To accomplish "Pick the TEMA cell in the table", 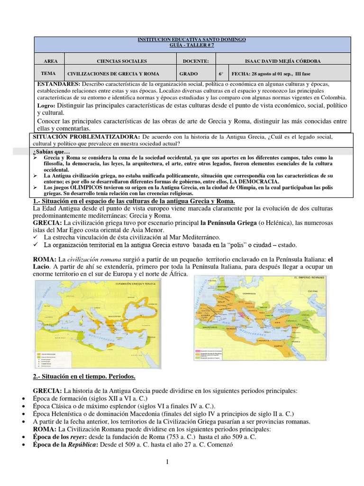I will coord(49,74).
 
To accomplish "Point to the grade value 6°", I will coord(221,74).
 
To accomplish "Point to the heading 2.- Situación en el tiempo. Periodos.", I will coord(84,376).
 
